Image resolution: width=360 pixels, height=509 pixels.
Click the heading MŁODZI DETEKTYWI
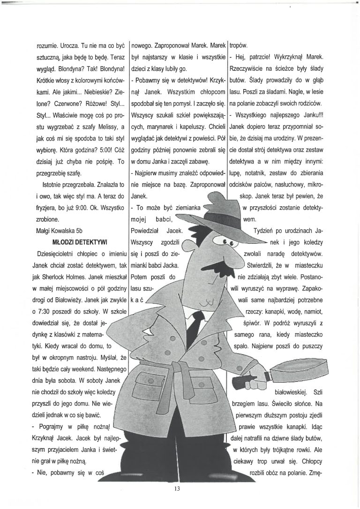(81, 241)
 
